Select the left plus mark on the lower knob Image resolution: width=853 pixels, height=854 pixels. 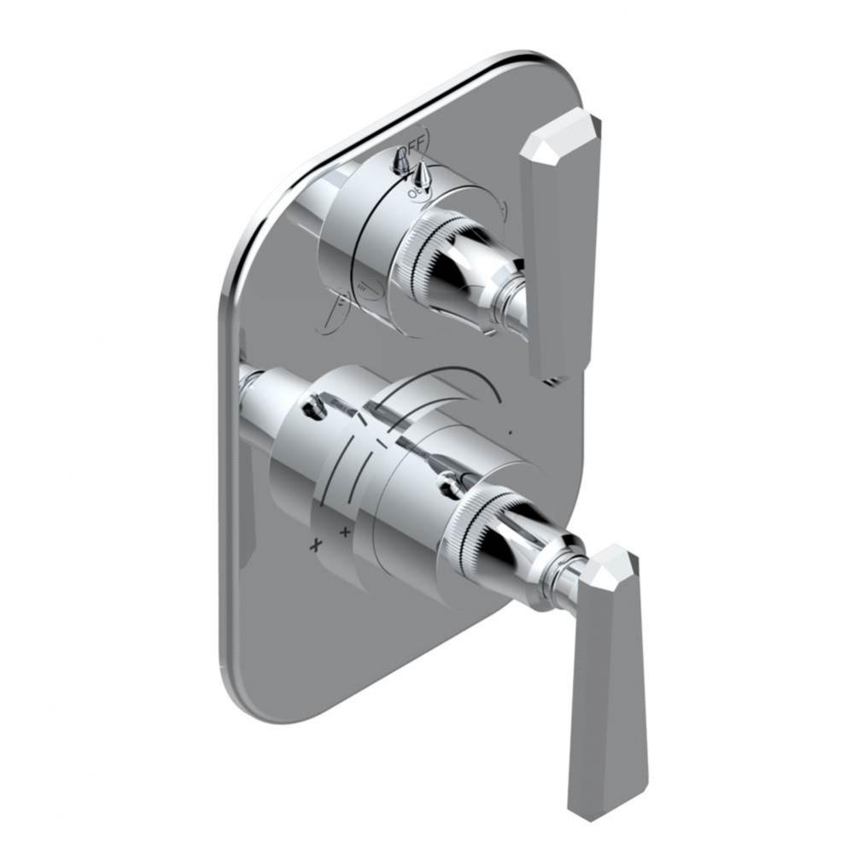click(x=317, y=543)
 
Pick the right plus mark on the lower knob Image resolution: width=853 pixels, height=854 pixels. click(x=345, y=532)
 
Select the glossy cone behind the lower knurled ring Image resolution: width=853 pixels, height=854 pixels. click(x=517, y=547)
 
